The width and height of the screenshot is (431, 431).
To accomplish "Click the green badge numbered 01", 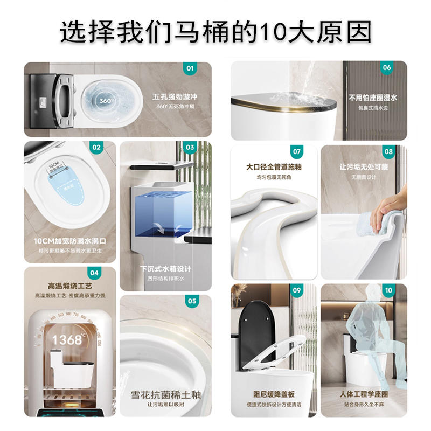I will pos(190,68).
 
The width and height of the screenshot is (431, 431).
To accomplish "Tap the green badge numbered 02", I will pos(97,147).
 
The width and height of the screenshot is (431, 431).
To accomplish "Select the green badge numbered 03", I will pos(190,147).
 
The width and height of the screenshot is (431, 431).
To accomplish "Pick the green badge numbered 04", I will pos(94,273).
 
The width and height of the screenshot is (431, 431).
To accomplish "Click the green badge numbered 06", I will pos(387,68).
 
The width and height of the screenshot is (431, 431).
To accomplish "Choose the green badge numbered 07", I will pos(296,152).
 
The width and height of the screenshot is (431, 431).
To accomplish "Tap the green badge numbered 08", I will pos(388,152).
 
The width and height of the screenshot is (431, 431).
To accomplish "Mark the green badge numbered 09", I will pos(296,290).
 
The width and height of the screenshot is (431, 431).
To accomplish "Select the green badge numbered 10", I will pos(388,290).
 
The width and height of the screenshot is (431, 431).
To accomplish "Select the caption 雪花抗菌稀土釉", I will pos(165,395).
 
